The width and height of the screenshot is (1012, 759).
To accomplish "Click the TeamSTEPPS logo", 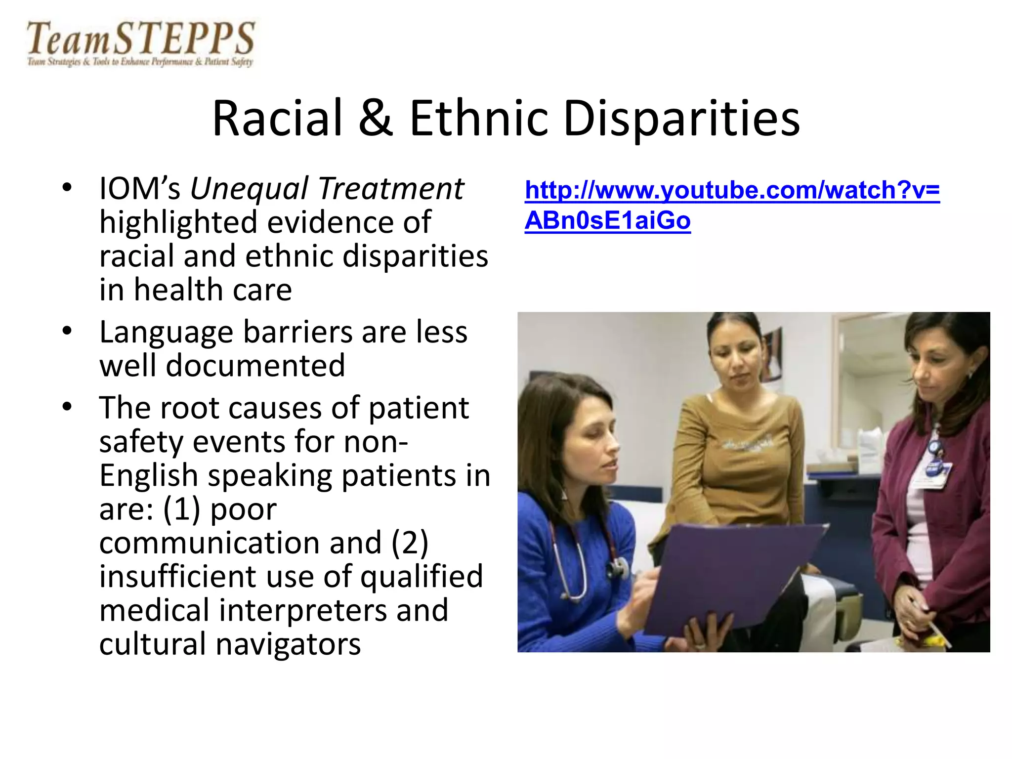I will pyautogui.click(x=140, y=43).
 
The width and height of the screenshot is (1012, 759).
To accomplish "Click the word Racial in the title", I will pyautogui.click(x=277, y=119).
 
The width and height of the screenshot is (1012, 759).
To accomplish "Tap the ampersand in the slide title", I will pyautogui.click(x=376, y=119).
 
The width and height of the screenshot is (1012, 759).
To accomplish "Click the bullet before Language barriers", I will pyautogui.click(x=68, y=332).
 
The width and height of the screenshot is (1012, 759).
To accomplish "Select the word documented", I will pyautogui.click(x=255, y=366).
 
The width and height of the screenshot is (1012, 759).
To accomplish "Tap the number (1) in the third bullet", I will pyautogui.click(x=181, y=509).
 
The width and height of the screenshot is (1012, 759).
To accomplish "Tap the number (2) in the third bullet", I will pyautogui.click(x=410, y=543).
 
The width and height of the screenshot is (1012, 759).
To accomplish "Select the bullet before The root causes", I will pyautogui.click(x=68, y=408).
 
